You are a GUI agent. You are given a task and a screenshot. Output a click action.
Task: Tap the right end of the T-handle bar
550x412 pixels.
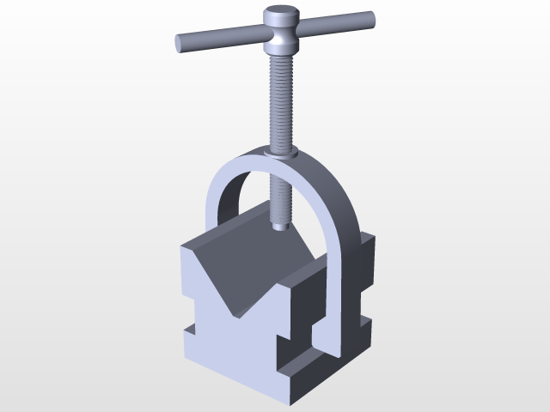pos(370,18)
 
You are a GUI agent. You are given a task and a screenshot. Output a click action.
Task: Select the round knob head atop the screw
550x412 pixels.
pos(280,17)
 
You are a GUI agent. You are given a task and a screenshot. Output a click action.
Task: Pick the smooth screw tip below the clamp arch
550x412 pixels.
pos(280,221)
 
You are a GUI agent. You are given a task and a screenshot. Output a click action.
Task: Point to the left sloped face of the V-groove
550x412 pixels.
pos(225,257)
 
